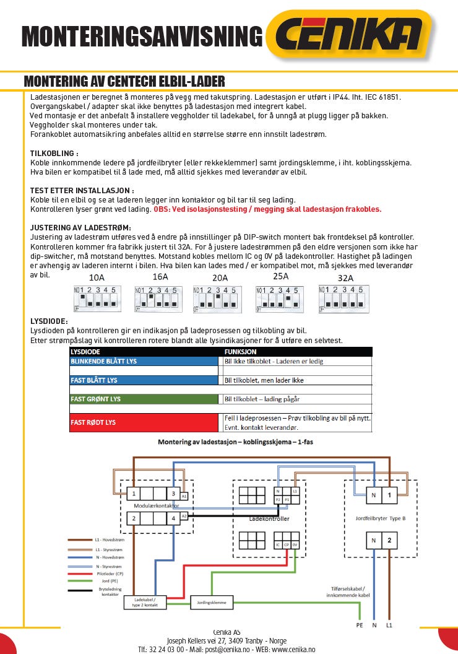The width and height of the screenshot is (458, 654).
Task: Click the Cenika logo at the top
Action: coord(350,36)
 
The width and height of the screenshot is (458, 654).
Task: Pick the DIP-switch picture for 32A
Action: coord(343,298)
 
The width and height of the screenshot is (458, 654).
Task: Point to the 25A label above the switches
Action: coord(282,276)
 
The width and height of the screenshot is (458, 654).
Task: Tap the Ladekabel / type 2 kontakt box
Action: coord(145,602)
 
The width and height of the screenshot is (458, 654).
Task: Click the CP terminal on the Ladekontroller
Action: coord(287,545)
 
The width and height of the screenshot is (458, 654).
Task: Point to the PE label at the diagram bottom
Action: coord(359,626)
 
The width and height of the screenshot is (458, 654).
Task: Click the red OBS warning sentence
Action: coord(267,209)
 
